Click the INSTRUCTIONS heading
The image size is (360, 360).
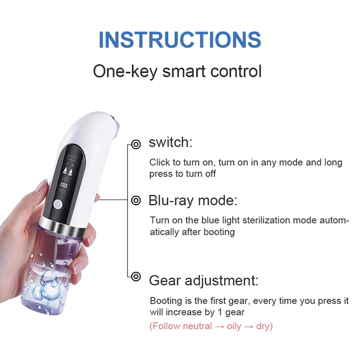pyautogui.click(x=180, y=40)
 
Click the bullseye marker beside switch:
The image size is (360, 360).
pyautogui.click(x=136, y=144)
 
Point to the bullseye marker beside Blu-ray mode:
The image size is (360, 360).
pyautogui.click(x=136, y=200)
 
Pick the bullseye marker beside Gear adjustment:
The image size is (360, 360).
pyautogui.click(x=136, y=276)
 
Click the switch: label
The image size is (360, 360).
pyautogui.click(x=171, y=142)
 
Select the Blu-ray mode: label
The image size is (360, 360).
pyautogui.click(x=193, y=200)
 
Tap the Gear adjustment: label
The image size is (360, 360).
pyautogui.click(x=204, y=280)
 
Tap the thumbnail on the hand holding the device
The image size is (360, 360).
pyautogui.click(x=41, y=186)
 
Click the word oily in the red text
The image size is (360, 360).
pyautogui.click(x=234, y=326)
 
